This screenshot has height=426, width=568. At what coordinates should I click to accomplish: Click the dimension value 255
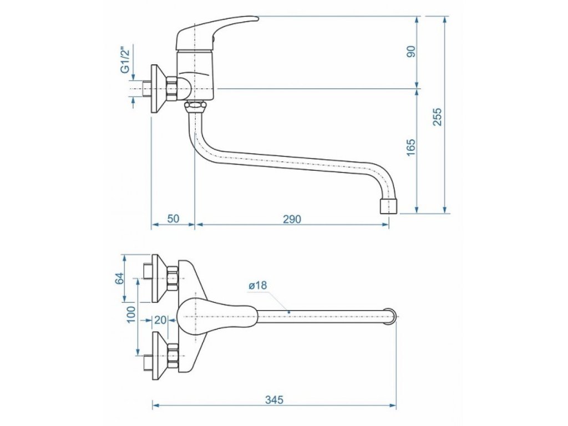point(438,116)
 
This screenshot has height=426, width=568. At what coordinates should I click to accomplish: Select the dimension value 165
point(411,148)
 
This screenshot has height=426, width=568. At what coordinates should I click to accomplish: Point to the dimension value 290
point(291,219)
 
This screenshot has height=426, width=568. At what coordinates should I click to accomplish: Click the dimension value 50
point(173,219)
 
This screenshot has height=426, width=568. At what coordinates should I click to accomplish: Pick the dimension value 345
point(274,399)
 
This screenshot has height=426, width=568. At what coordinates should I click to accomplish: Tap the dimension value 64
point(119,278)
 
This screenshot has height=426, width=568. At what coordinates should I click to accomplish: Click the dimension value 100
point(131,315)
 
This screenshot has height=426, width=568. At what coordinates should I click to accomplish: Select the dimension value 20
point(160,319)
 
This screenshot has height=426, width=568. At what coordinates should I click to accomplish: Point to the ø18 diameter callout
point(258,285)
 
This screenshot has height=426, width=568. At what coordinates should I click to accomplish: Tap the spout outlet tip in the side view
point(388,206)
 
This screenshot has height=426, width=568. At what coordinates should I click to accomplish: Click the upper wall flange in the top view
point(159,272)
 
